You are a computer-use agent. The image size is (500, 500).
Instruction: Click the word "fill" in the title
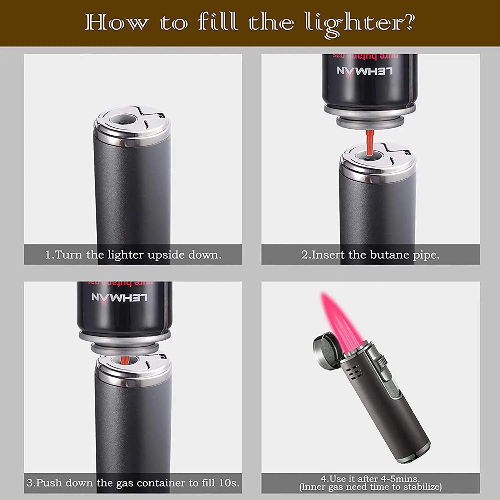coord(218,22)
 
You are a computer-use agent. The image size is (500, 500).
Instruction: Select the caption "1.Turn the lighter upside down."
coord(133,255)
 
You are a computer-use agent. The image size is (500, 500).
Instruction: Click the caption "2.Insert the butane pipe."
coord(370,255)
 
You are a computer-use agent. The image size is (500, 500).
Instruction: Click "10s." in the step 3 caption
coord(229,483)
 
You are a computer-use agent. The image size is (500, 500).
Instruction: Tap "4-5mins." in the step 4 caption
coord(400,479)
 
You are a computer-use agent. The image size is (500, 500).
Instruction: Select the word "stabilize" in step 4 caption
coord(421,487)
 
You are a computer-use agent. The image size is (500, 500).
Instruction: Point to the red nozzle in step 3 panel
coord(124,360)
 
